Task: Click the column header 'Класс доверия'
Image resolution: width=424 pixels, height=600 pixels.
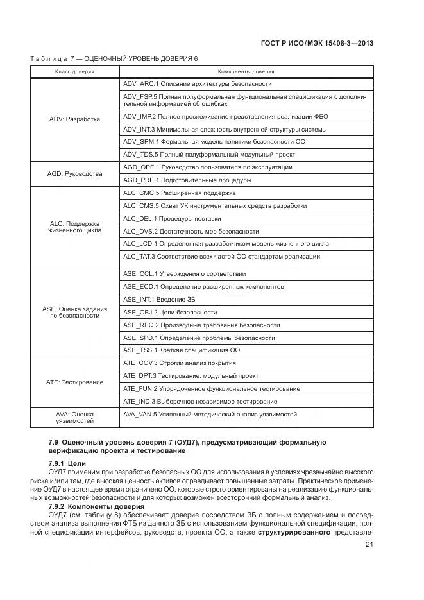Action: [x=74, y=71]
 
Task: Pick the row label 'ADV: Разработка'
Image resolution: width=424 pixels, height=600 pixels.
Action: [x=74, y=119]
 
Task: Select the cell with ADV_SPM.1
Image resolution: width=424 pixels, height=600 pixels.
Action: [x=214, y=142]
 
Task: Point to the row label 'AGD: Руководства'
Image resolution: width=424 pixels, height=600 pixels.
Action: [x=74, y=174]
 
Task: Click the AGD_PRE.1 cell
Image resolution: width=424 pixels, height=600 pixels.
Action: [x=187, y=180]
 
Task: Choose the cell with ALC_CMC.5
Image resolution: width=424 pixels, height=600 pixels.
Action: [x=179, y=193]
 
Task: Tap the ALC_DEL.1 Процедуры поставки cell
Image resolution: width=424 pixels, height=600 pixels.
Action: [x=176, y=219]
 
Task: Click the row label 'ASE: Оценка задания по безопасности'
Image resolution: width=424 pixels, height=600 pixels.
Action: [x=74, y=312]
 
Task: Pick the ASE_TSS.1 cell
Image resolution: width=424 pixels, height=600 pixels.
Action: [x=181, y=350]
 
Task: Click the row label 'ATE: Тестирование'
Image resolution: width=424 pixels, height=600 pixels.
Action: [x=74, y=382]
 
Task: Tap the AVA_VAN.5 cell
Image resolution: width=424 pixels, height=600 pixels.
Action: [x=210, y=415]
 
